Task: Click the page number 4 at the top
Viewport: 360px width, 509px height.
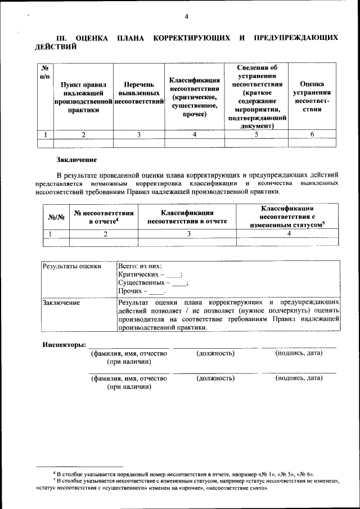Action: (186, 16)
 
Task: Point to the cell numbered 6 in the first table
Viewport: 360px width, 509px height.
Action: (312, 134)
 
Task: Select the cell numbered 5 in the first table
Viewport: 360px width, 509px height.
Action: (256, 134)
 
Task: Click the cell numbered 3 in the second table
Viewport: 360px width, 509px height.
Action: (188, 234)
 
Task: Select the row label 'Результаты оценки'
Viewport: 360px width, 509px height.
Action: (72, 266)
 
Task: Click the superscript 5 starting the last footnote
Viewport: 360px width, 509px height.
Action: (55, 479)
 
